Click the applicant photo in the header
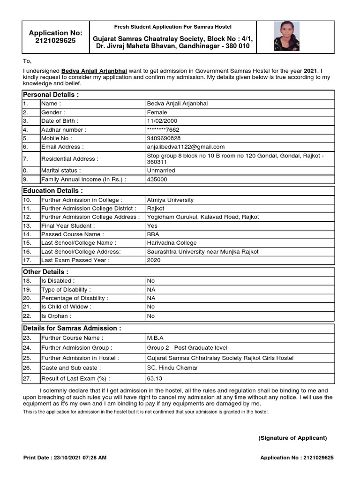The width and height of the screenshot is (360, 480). (286, 36)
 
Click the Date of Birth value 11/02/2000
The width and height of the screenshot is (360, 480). (162, 121)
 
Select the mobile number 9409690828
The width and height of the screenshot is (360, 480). (164, 138)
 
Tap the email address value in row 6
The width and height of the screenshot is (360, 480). (186, 147)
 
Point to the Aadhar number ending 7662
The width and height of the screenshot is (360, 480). (163, 130)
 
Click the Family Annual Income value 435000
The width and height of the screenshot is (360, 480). (157, 179)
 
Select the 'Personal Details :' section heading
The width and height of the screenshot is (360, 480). (51, 95)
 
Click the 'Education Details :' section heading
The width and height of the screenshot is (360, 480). (53, 191)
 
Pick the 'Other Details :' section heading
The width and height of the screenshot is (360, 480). (45, 272)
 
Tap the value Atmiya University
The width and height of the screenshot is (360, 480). (170, 200)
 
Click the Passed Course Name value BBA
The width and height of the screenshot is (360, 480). (153, 234)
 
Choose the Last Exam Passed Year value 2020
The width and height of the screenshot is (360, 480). (154, 260)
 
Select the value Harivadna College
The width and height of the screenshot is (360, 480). (172, 243)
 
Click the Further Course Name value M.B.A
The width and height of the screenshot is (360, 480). (155, 337)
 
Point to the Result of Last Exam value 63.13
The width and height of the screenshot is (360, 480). (155, 378)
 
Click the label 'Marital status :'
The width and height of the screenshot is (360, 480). (61, 171)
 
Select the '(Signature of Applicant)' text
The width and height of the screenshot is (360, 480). (292, 438)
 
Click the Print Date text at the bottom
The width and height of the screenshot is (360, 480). (65, 457)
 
